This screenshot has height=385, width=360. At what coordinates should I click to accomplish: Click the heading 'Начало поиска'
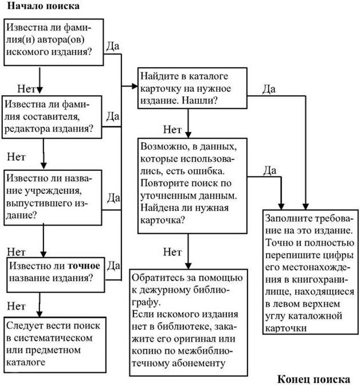pyautogui.click(x=43, y=6)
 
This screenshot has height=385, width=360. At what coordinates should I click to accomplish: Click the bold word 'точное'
pyautogui.click(x=84, y=266)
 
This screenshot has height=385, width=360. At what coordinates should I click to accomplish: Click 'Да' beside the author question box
pyautogui.click(x=113, y=44)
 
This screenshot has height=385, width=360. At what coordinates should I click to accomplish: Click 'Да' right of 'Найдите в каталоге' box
pyautogui.click(x=270, y=88)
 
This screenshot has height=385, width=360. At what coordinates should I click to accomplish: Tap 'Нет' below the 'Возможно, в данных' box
pyautogui.click(x=173, y=251)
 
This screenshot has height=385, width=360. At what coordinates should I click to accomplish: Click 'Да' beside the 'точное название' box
pyautogui.click(x=113, y=266)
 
